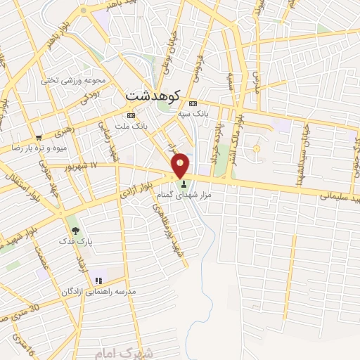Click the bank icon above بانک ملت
pyautogui.click(x=130, y=115)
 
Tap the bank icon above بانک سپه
pyautogui.click(x=193, y=103)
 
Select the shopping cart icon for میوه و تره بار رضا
pyautogui.click(x=39, y=137)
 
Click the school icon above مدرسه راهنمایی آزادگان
pyautogui.click(x=98, y=281)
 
